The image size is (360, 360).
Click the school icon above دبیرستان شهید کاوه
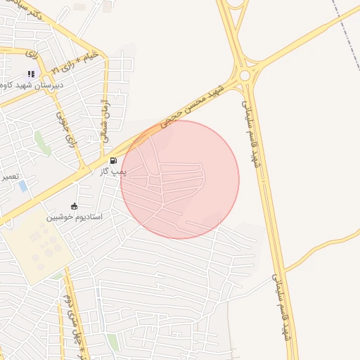point(31,74)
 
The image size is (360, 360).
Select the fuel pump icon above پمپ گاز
point(113,161)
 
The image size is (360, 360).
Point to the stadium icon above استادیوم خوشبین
point(75,206)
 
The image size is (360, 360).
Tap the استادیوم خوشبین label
point(75,217)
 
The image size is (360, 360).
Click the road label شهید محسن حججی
point(192,106)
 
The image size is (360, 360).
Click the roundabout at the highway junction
point(245,75)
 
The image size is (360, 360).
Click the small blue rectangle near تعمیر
point(23,186)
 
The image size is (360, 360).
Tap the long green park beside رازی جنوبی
point(43,143)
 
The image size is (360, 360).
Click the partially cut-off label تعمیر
point(8,176)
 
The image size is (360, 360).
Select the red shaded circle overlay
point(180,179)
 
